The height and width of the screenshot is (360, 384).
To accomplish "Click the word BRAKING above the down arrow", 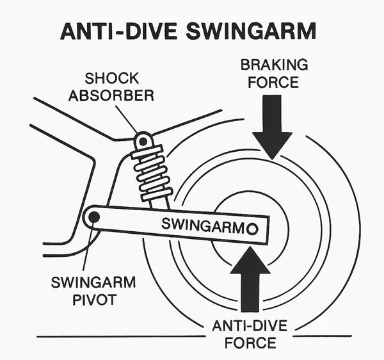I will (x=273, y=65).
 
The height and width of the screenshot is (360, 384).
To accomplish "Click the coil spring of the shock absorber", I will (x=151, y=173).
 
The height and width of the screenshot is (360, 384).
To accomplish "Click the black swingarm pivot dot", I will (x=94, y=217).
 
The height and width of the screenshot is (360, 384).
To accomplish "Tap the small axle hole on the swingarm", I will (x=252, y=227).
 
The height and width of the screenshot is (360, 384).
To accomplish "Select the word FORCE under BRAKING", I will (x=273, y=82).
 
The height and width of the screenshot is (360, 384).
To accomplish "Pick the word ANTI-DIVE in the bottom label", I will (x=249, y=327).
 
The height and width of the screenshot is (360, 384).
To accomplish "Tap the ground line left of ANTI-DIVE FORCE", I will (x=115, y=336).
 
